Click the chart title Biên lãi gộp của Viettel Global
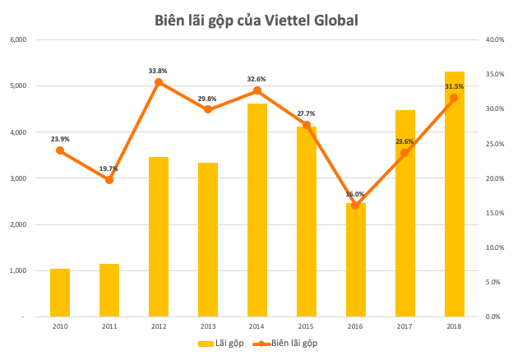256,21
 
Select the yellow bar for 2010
60,293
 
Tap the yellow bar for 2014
257,210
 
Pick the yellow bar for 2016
356,261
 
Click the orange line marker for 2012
159,82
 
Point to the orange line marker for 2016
356,205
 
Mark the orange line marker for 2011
109,180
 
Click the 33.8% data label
159,71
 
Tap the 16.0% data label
355,195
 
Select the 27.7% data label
306,113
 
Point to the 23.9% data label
60,139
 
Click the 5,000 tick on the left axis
18,85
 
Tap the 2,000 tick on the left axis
18,224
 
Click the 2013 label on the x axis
208,327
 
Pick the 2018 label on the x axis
454,327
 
